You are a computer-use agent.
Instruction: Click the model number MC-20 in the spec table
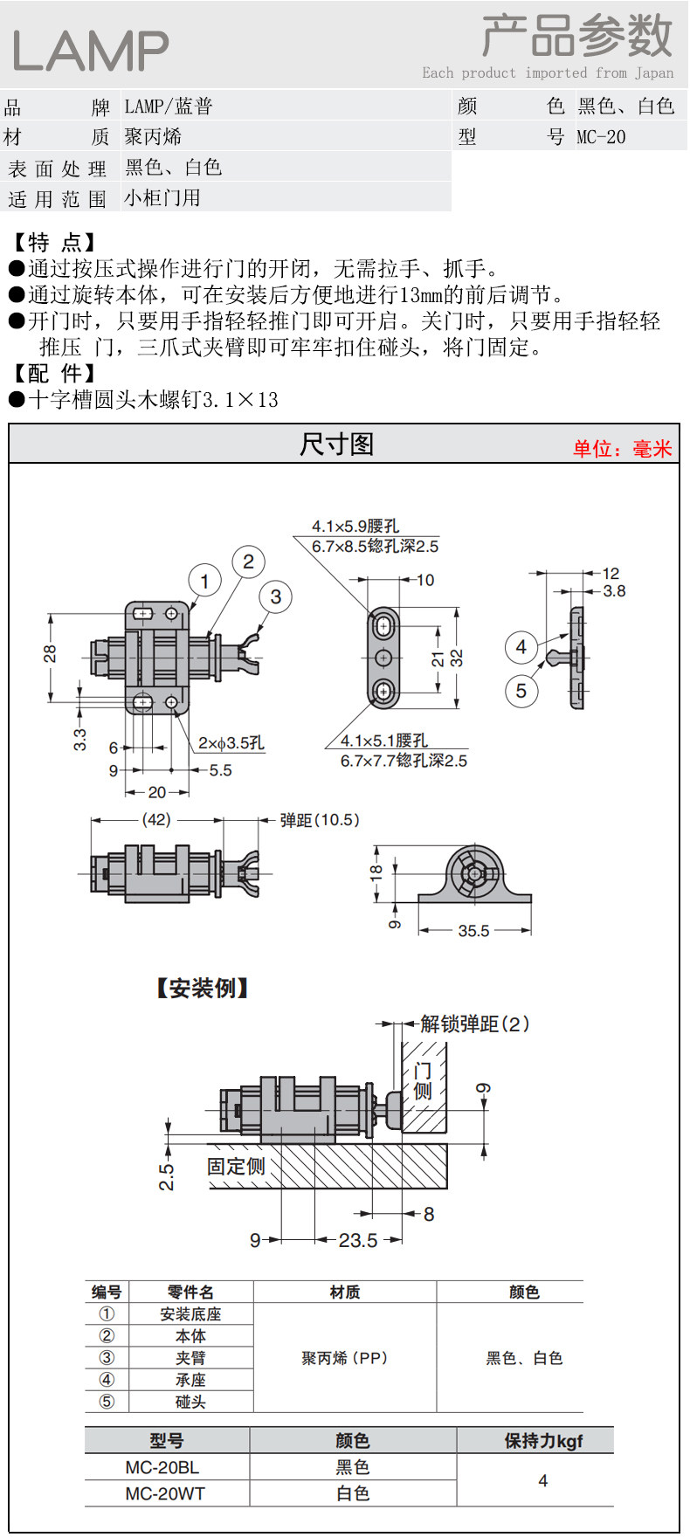pyautogui.click(x=601, y=137)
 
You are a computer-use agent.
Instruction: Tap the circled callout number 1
pyautogui.click(x=204, y=581)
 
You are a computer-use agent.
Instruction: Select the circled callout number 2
pyautogui.click(x=248, y=562)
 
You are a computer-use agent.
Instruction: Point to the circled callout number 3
pyautogui.click(x=276, y=596)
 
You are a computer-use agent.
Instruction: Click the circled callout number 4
pyautogui.click(x=521, y=647)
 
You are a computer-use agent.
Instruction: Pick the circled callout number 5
pyautogui.click(x=521, y=691)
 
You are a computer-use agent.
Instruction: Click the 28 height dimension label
pyautogui.click(x=51, y=653)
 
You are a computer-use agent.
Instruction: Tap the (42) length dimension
pyautogui.click(x=156, y=820)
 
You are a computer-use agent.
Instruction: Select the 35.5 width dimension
pyautogui.click(x=473, y=931)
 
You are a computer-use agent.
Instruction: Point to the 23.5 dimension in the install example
pyautogui.click(x=358, y=1240)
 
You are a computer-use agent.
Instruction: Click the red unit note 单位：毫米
pyautogui.click(x=623, y=449)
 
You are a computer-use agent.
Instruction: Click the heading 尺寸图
pyautogui.click(x=337, y=445)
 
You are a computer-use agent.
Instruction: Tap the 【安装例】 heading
pyautogui.click(x=203, y=989)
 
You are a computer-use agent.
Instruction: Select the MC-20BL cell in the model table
pyautogui.click(x=162, y=1467)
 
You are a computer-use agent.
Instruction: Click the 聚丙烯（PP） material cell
pyautogui.click(x=345, y=1358)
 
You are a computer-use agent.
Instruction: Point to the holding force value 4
pyautogui.click(x=543, y=1480)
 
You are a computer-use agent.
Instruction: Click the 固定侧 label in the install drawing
pyautogui.click(x=236, y=1167)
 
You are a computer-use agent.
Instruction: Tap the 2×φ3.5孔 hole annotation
pyautogui.click(x=231, y=743)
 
